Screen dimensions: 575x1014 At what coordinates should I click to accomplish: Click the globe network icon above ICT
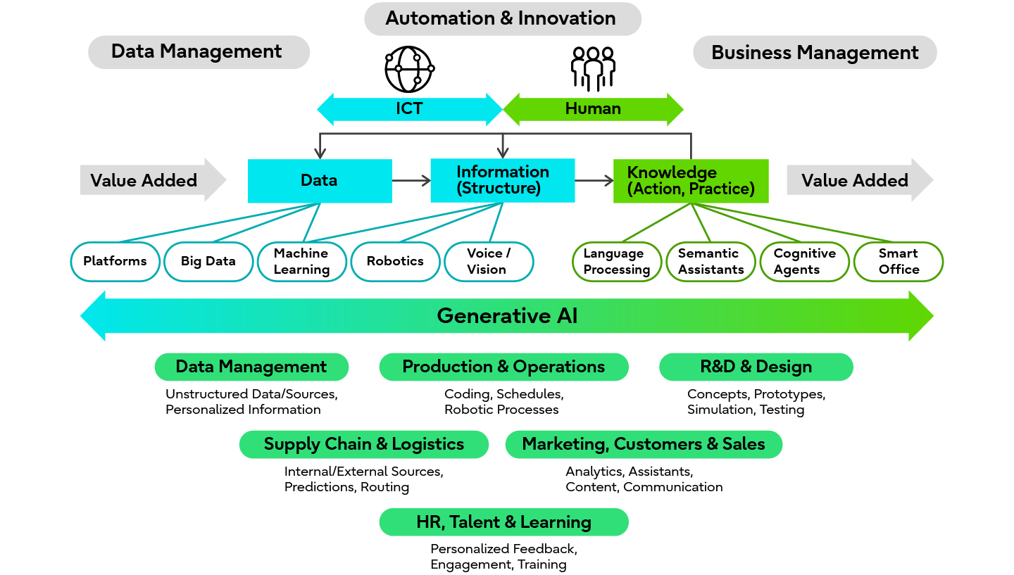409,70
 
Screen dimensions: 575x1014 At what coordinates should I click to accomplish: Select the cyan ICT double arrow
409,109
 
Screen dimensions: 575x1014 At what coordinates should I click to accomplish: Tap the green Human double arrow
593,109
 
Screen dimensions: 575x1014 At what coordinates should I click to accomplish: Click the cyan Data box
320,181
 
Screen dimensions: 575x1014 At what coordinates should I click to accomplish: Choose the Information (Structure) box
502,180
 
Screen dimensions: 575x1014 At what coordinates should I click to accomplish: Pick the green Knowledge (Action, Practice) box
690,181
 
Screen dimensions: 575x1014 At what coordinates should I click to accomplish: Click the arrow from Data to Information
411,181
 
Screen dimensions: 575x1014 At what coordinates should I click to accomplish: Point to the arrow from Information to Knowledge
594,181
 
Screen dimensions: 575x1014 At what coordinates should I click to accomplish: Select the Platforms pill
115,262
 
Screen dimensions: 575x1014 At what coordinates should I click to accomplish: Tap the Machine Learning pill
302,262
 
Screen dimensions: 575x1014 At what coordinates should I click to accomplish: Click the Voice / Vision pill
489,262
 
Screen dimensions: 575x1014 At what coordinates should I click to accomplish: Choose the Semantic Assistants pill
711,262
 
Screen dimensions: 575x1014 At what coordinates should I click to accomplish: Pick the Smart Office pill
899,262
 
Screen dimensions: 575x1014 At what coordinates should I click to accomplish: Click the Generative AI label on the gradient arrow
507,316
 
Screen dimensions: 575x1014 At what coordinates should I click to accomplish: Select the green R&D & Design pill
756,367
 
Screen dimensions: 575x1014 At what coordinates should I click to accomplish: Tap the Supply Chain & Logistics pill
363,445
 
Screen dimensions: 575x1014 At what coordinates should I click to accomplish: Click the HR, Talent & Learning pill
503,522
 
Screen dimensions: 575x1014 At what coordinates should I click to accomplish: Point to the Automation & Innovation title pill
503,19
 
